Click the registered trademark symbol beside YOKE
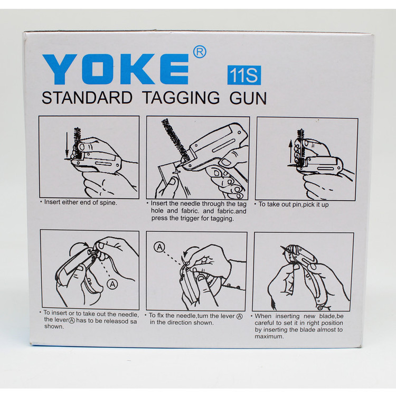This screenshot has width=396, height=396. (200, 52)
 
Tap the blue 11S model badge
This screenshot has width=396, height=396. (244, 76)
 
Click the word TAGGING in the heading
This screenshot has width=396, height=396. (181, 98)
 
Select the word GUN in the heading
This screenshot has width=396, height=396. (248, 98)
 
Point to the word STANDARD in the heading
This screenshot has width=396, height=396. (87, 98)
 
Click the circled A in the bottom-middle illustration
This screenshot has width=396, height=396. (159, 247)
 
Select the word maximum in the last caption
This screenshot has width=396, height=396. (269, 337)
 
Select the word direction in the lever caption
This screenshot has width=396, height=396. (180, 323)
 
